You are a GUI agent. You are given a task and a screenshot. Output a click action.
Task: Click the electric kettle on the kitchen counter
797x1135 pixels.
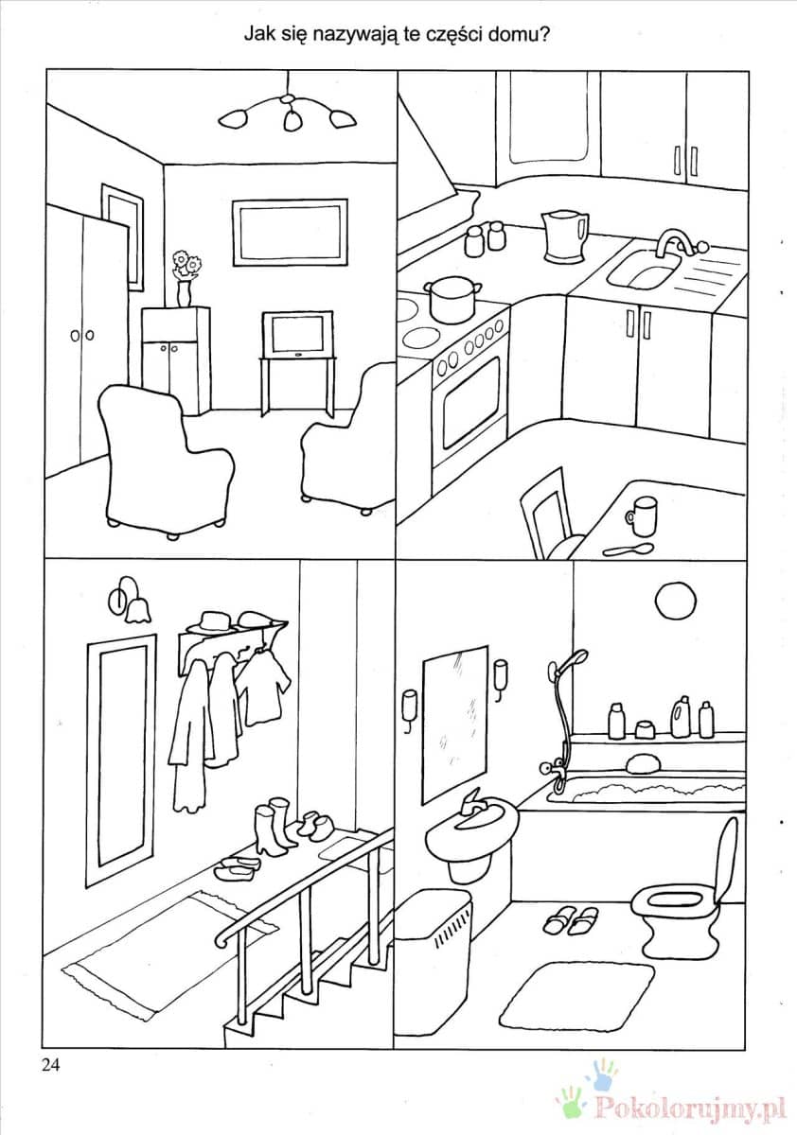pyautogui.click(x=565, y=236)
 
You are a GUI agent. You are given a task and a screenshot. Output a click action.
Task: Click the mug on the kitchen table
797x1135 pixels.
pyautogui.click(x=641, y=515)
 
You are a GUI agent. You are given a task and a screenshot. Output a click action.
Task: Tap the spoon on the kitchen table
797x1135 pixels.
pyautogui.click(x=629, y=550)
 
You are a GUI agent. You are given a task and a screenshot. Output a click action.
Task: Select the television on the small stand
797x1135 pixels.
pyautogui.click(x=297, y=335)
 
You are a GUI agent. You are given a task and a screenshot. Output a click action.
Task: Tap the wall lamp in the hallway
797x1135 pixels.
pyautogui.click(x=130, y=601)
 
